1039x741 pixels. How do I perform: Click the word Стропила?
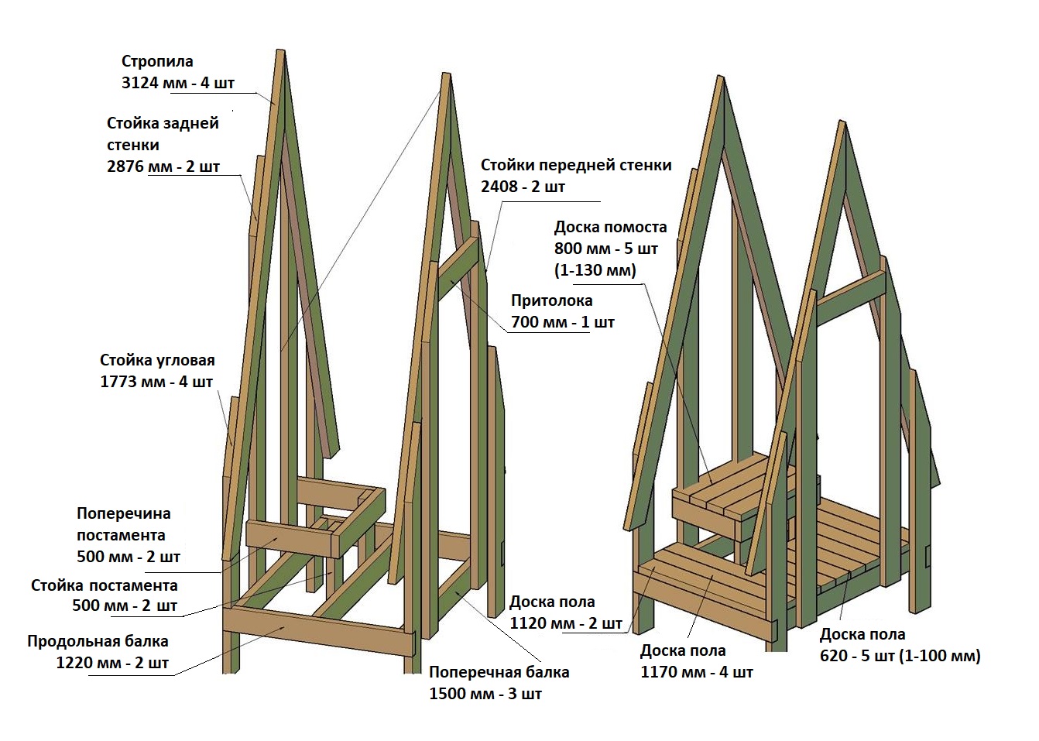157,61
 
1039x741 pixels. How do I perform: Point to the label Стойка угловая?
157,360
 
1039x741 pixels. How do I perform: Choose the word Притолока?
551,300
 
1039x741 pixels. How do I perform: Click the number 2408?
499,187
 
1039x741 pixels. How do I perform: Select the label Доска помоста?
610,227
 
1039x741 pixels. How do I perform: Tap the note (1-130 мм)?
595,270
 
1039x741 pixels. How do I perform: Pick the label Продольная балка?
98,641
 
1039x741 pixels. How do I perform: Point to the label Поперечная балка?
499,672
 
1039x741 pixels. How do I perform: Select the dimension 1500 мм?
456,694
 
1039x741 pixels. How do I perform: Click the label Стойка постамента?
105,585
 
